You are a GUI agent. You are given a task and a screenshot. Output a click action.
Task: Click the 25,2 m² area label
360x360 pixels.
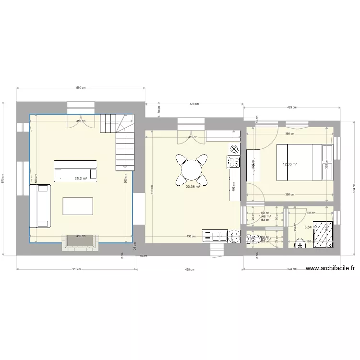pyautogui.click(x=81, y=179)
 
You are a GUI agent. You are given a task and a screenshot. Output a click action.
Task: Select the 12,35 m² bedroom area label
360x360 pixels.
pyautogui.click(x=290, y=164)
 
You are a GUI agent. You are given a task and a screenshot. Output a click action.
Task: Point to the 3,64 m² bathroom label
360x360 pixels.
pyautogui.click(x=310, y=228)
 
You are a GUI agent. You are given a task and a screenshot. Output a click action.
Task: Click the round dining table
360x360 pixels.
pyautogui.click(x=192, y=169)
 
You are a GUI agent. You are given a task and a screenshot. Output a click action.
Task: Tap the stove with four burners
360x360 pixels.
pyautogui.click(x=233, y=162)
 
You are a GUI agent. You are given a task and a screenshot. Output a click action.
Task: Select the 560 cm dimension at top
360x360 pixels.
pyautogui.click(x=80, y=88)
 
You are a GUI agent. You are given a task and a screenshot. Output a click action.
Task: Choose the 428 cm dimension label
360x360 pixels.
pyautogui.click(x=194, y=104)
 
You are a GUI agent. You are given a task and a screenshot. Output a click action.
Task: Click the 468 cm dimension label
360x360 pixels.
pyautogui.click(x=190, y=269)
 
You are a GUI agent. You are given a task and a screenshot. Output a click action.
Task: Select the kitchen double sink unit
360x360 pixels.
pyautogui.click(x=214, y=236)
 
